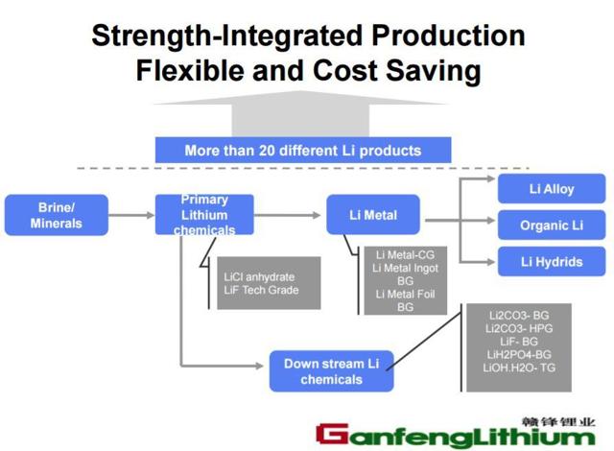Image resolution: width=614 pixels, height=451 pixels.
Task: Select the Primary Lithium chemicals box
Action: coord(204,215)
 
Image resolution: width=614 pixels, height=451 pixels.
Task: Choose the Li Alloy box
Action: coord(552,189)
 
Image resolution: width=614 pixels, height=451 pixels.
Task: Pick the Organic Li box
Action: coord(552,226)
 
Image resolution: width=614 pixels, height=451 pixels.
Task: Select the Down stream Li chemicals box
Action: coord(331,371)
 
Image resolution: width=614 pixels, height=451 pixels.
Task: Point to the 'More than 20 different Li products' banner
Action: coord(303,151)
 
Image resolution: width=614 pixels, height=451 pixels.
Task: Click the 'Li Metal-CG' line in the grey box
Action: coord(405,254)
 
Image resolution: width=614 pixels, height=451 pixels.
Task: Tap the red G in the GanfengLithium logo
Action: coord(334,435)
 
